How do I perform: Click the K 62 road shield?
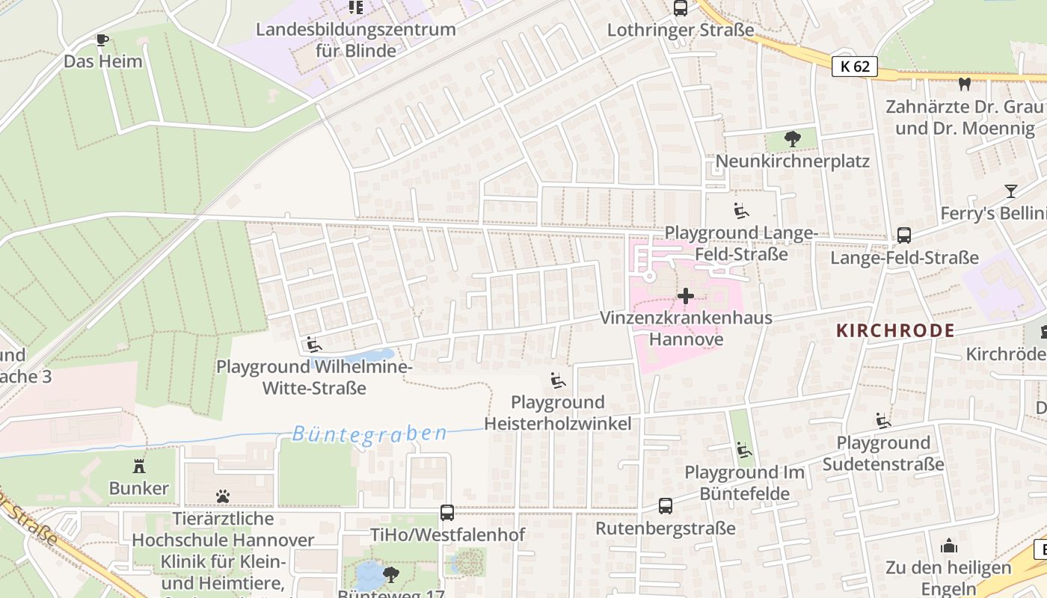pos(854,67)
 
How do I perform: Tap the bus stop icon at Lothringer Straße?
pos(680,8)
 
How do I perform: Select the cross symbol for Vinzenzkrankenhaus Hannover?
pos(685,296)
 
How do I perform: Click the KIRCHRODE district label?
pos(895,330)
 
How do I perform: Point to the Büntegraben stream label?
pos(369,434)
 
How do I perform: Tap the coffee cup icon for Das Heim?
pos(102,40)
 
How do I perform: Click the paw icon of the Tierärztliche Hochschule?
pos(223,496)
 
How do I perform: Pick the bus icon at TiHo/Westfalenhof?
pos(447,513)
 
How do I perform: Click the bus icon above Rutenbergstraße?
pos(666,506)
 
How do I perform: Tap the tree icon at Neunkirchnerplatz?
pos(792,139)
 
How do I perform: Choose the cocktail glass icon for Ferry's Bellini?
pos(1011,191)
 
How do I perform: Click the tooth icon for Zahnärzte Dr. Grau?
pos(964,84)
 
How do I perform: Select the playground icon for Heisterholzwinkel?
pos(557,381)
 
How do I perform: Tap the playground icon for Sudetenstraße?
pos(883,421)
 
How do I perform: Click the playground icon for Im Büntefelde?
pos(743,450)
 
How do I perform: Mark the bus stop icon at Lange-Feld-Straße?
pos(903,235)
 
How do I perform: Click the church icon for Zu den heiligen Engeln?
pos(949,546)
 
